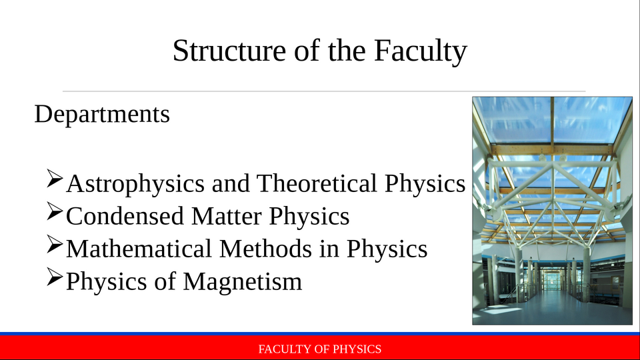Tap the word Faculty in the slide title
coord(421,51)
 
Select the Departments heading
coord(102,114)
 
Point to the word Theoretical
coord(317,183)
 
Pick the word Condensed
coord(125,215)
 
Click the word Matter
coord(226,215)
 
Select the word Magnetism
coord(243,281)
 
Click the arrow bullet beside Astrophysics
coord(54,179)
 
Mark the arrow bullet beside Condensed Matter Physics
coord(54,211)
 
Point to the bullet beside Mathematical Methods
coord(54,244)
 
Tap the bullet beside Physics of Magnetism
coord(54,276)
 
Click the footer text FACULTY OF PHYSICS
coord(319,349)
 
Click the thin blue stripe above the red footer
coord(320,333)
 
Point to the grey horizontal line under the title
coord(324,91)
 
